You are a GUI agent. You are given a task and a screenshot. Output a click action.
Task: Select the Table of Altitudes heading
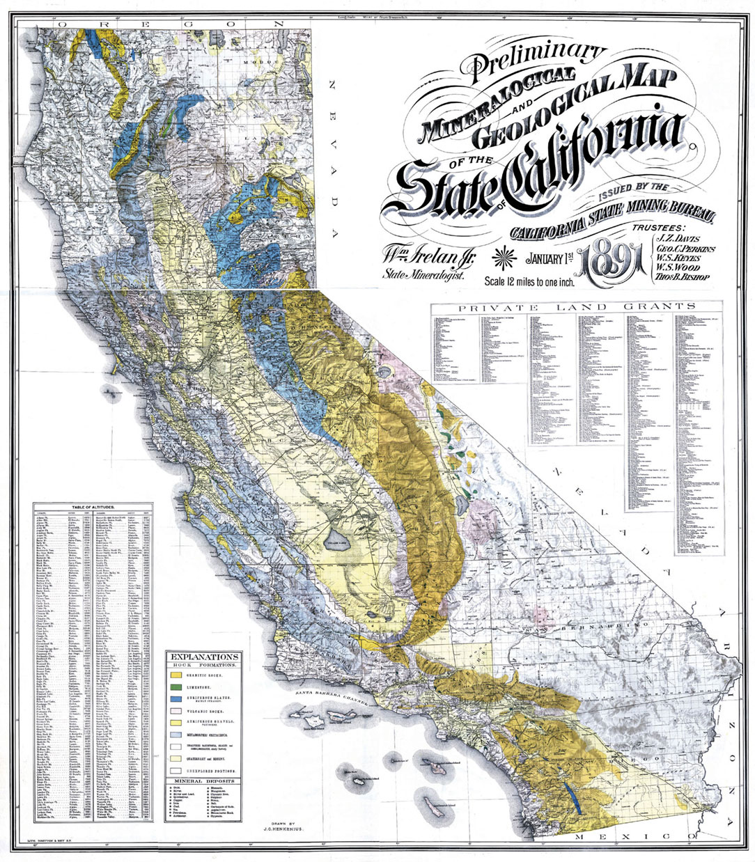click(x=94, y=508)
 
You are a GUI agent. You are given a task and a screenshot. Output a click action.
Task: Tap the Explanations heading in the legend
click(x=205, y=656)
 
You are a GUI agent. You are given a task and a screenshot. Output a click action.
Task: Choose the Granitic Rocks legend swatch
click(x=176, y=675)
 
